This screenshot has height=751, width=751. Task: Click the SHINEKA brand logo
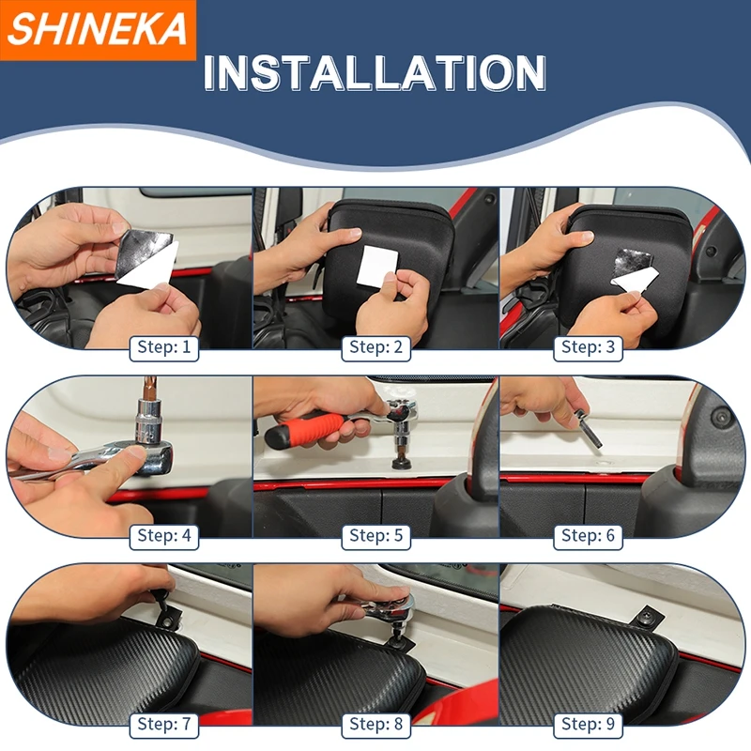coord(98,30)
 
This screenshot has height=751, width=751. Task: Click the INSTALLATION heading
coord(375,73)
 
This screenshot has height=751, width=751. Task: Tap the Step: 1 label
coord(163,347)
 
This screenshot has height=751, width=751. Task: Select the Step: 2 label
coord(375,347)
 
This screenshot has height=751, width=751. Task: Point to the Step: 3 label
coord(588,347)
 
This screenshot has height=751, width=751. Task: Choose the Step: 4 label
coord(163,536)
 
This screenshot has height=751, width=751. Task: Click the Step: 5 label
coord(375,536)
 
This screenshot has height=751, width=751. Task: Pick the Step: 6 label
coord(588,536)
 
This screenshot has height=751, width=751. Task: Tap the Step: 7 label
coord(163,724)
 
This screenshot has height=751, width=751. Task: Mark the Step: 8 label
coord(375,724)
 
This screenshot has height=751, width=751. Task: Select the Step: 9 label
coord(588,724)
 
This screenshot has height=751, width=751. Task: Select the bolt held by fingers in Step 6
coord(585,427)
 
